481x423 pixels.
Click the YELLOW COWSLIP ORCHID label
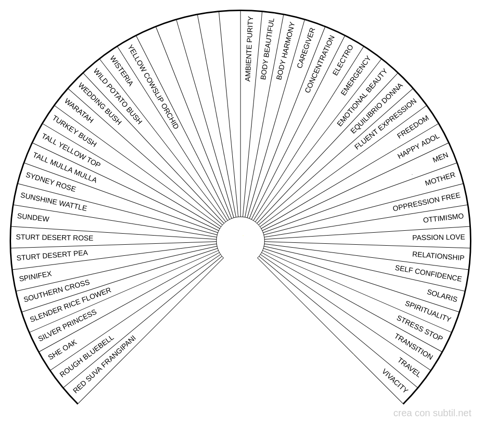(153, 87)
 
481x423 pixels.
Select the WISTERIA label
(122, 71)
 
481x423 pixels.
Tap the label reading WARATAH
(79, 111)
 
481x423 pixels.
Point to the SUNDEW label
(33, 217)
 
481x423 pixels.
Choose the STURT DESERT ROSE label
(55, 238)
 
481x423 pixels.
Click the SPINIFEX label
(35, 276)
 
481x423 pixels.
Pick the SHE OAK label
(63, 350)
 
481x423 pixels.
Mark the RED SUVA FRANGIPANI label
(104, 364)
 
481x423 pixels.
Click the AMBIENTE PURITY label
(249, 49)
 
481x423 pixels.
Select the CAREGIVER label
(306, 48)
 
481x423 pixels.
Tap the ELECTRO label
(343, 60)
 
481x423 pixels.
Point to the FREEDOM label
(413, 127)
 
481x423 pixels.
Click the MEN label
(440, 158)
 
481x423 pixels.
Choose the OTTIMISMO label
(443, 218)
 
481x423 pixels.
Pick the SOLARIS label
(442, 295)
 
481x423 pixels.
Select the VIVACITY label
(395, 380)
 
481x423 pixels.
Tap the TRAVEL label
(409, 367)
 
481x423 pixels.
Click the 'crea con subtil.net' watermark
(432, 413)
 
